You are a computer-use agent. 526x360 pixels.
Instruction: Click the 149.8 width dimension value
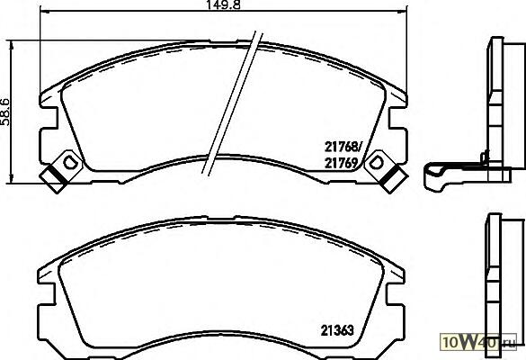(224, 4)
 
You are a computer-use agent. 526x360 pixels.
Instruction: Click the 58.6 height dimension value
(5, 112)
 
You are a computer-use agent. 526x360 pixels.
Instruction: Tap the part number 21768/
(343, 147)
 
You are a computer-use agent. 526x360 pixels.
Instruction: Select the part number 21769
(341, 163)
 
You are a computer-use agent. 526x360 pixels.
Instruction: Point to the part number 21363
(337, 330)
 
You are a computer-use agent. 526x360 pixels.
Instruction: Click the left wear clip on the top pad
(61, 172)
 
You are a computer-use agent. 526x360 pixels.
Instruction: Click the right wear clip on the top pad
(386, 172)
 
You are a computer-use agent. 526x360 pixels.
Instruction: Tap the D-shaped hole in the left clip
(70, 163)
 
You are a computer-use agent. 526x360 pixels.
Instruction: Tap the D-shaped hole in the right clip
(376, 163)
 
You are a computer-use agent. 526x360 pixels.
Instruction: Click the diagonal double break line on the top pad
(232, 103)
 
